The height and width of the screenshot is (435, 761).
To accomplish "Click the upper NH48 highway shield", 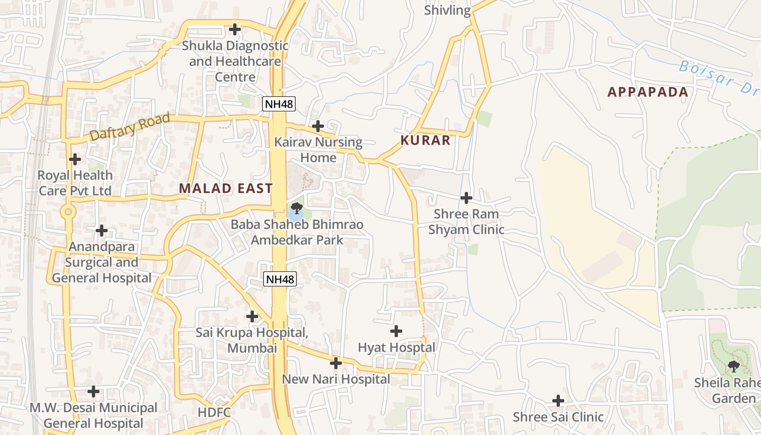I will click(279, 103).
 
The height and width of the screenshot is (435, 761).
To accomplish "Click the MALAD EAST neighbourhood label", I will click(226, 189).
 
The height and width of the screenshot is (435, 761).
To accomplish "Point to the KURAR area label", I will click(426, 140).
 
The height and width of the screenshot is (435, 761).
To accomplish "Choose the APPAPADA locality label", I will click(648, 92).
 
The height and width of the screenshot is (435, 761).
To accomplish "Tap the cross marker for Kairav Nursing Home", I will click(318, 126).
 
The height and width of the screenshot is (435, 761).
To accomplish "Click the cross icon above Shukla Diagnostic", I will click(235, 29).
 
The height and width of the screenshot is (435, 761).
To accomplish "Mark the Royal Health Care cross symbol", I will click(75, 159).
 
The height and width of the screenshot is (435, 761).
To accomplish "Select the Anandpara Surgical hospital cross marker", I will click(102, 231).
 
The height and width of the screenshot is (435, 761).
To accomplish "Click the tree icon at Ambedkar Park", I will click(296, 208).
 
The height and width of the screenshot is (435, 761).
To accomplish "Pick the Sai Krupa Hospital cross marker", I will click(252, 316).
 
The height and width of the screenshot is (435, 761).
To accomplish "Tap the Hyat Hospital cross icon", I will click(397, 331).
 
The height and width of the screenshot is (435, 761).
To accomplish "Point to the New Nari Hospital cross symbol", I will click(336, 363).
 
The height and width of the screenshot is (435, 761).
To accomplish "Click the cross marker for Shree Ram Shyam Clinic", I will click(466, 198).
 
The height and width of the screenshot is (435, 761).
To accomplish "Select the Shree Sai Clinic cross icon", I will click(558, 401).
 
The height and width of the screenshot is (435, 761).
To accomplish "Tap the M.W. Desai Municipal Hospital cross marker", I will click(93, 391).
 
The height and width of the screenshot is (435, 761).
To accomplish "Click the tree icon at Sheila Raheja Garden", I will click(734, 366).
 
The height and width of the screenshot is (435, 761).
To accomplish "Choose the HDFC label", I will click(214, 412).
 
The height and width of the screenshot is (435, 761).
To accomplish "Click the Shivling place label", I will click(447, 10).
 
